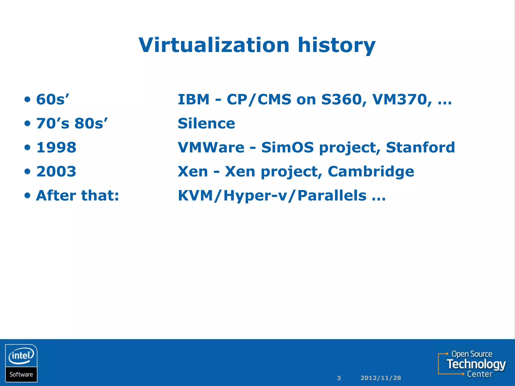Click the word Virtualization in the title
pos(214,45)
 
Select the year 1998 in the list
pos(56,148)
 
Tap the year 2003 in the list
pos(56,172)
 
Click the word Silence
pos(206,123)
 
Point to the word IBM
pos(193,100)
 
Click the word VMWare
pos(211,148)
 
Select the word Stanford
pos(420,148)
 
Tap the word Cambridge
pos(371,172)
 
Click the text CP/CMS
pos(259,100)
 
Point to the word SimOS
pos(287,148)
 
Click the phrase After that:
pos(77,196)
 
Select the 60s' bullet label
pos(53,100)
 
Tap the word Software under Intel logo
pos(21,374)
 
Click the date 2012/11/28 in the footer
pos(380,378)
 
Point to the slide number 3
pos(339,378)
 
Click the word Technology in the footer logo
pos(476,364)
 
